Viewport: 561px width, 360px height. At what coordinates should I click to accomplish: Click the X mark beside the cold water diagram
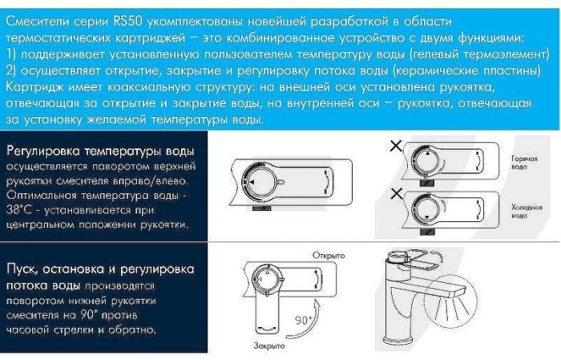[x=394, y=192]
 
